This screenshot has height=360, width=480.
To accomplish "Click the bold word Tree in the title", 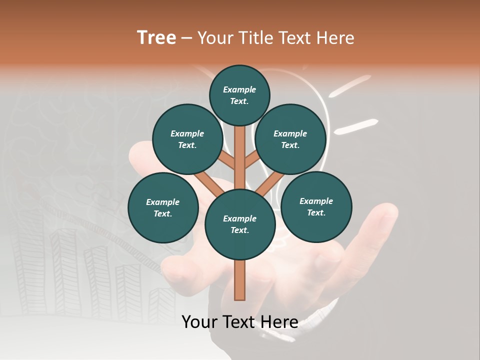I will [156, 38].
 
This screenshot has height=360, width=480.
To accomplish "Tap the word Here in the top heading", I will [335, 38].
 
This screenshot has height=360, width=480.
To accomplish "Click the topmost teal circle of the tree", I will [239, 95].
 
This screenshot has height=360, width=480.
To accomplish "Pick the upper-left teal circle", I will [187, 139].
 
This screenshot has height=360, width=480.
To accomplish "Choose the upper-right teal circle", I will [290, 139].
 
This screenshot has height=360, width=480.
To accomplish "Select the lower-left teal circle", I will [163, 207].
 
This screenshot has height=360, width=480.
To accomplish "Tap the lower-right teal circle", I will [316, 206].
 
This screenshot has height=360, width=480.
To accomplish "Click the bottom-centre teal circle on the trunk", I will [240, 224].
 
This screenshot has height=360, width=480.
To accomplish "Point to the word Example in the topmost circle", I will [239, 90].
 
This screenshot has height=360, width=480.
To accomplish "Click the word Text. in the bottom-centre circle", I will [239, 230].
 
